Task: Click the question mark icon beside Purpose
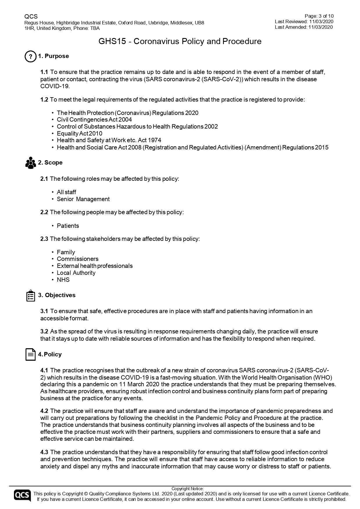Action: point(30,56)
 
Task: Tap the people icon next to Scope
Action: point(30,163)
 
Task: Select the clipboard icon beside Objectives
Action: point(30,295)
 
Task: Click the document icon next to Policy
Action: point(30,354)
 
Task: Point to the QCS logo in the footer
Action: point(22,496)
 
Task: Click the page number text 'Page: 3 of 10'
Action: point(319,16)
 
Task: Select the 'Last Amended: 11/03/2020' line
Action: point(304,27)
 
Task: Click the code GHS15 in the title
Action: point(112,41)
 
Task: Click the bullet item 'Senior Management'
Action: point(83,199)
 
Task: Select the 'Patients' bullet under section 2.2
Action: point(68,226)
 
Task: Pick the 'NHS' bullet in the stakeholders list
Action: point(63,280)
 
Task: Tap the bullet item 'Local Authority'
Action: point(76,273)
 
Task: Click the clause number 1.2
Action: point(44,100)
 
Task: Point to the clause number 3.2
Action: point(44,331)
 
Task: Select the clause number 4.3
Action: point(44,452)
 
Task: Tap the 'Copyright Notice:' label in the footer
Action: point(188,489)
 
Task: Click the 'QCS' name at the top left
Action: point(31,17)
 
